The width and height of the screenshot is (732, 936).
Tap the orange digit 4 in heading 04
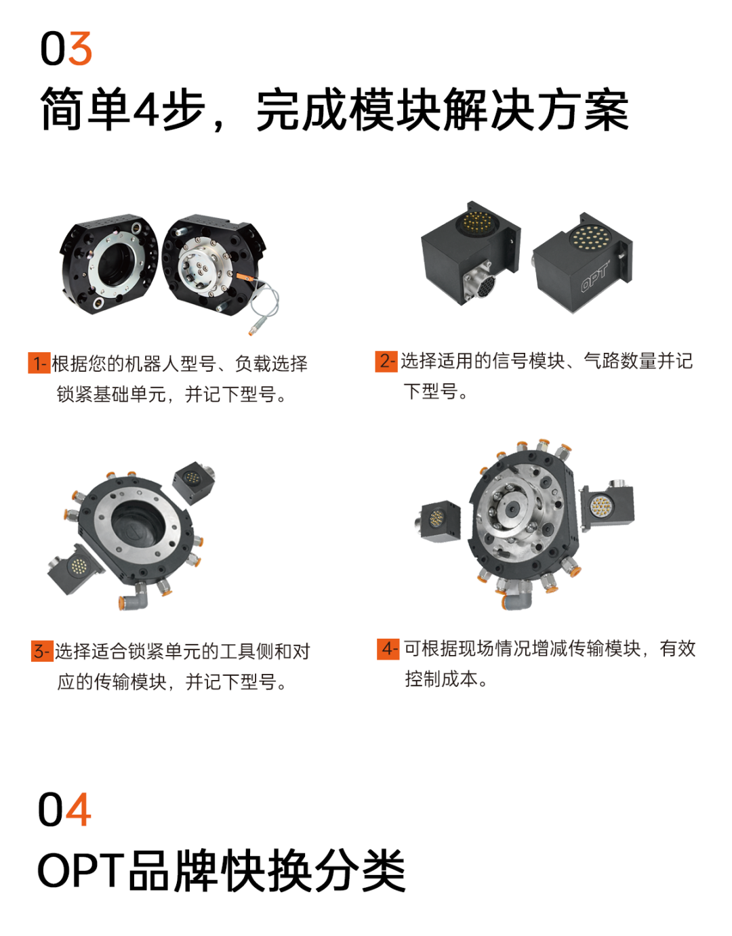(x=79, y=809)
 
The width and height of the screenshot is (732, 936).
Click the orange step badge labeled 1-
(x=39, y=363)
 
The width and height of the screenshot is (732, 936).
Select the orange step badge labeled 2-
(x=386, y=361)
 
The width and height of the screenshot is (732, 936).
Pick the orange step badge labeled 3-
(x=42, y=652)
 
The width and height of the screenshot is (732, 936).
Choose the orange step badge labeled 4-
(x=388, y=649)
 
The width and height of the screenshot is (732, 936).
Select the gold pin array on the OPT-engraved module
(x=590, y=238)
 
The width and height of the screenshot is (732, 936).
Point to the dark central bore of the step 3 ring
(x=138, y=524)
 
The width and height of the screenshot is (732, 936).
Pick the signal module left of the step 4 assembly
(x=438, y=521)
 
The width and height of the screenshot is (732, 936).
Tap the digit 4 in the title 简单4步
(x=146, y=108)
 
